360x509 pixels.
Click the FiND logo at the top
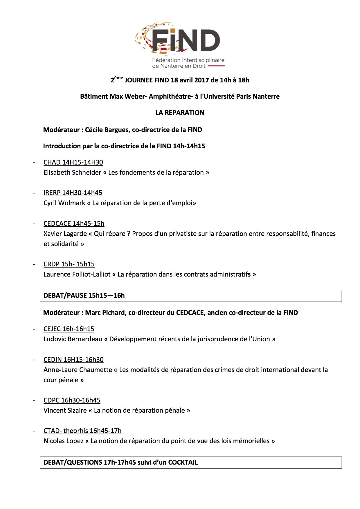tap(180, 44)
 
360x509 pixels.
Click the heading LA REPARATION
tap(180, 113)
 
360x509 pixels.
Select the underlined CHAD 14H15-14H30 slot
tap(73, 162)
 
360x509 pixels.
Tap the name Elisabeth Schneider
tap(72, 172)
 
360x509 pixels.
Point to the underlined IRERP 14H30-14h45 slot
tap(73, 193)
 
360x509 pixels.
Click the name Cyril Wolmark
tap(64, 203)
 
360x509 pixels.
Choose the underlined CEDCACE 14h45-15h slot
tap(74, 223)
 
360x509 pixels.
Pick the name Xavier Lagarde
tap(65, 234)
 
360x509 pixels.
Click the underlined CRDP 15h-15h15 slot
tap(69, 264)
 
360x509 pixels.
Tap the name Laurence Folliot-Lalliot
tap(77, 274)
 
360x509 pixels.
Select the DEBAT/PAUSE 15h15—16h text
tap(84, 295)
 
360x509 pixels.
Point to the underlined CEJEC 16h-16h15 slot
tap(69, 329)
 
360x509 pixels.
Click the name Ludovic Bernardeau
tap(73, 339)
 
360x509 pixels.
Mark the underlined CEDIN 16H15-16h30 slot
tap(73, 360)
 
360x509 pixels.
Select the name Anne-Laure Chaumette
tap(78, 370)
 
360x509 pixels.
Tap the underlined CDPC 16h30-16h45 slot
tap(72, 400)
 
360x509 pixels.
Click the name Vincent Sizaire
tap(65, 410)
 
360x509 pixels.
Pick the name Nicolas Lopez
tap(64, 441)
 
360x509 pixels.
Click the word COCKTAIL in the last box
tap(183, 462)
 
